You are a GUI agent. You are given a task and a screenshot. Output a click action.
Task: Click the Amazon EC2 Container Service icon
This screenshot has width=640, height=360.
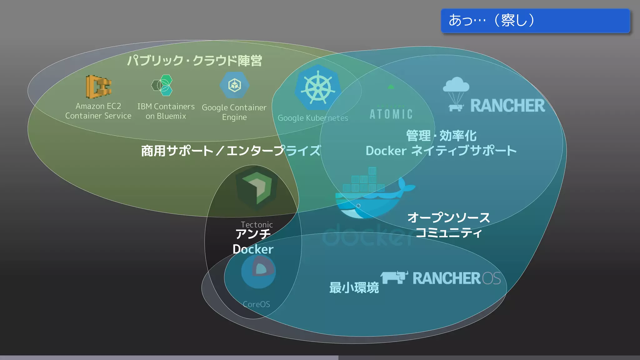(x=98, y=87)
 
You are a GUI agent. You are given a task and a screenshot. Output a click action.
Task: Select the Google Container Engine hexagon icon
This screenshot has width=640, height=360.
(x=234, y=85)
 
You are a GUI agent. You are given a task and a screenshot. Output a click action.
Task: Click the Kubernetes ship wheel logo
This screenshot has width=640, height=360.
(x=318, y=87)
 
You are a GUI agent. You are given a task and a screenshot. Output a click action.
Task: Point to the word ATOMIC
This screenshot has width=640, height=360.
(x=391, y=114)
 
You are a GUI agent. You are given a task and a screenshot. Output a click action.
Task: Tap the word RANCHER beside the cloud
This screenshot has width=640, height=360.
(x=507, y=106)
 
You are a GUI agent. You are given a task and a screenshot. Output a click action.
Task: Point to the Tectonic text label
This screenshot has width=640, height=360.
(x=257, y=224)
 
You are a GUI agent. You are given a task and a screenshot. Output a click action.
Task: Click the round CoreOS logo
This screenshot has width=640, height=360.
(x=258, y=271)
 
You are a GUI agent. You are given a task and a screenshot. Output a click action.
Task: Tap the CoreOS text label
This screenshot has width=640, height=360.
(x=256, y=304)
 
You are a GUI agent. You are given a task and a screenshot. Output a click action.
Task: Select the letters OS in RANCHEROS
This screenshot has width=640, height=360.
(x=491, y=278)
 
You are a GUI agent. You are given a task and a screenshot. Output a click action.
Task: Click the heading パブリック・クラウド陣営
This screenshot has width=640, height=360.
(x=194, y=61)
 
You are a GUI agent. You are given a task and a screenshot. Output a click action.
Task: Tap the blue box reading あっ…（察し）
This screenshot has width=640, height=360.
(x=535, y=21)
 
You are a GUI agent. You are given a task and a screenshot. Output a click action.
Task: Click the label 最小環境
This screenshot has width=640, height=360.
(x=354, y=287)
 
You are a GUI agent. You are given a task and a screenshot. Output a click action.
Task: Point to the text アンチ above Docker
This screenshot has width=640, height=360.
(x=253, y=234)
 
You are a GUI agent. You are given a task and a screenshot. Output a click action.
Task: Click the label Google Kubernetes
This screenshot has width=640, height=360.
(x=313, y=118)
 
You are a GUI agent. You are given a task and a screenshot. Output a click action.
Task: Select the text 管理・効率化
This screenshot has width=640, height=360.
(x=441, y=136)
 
